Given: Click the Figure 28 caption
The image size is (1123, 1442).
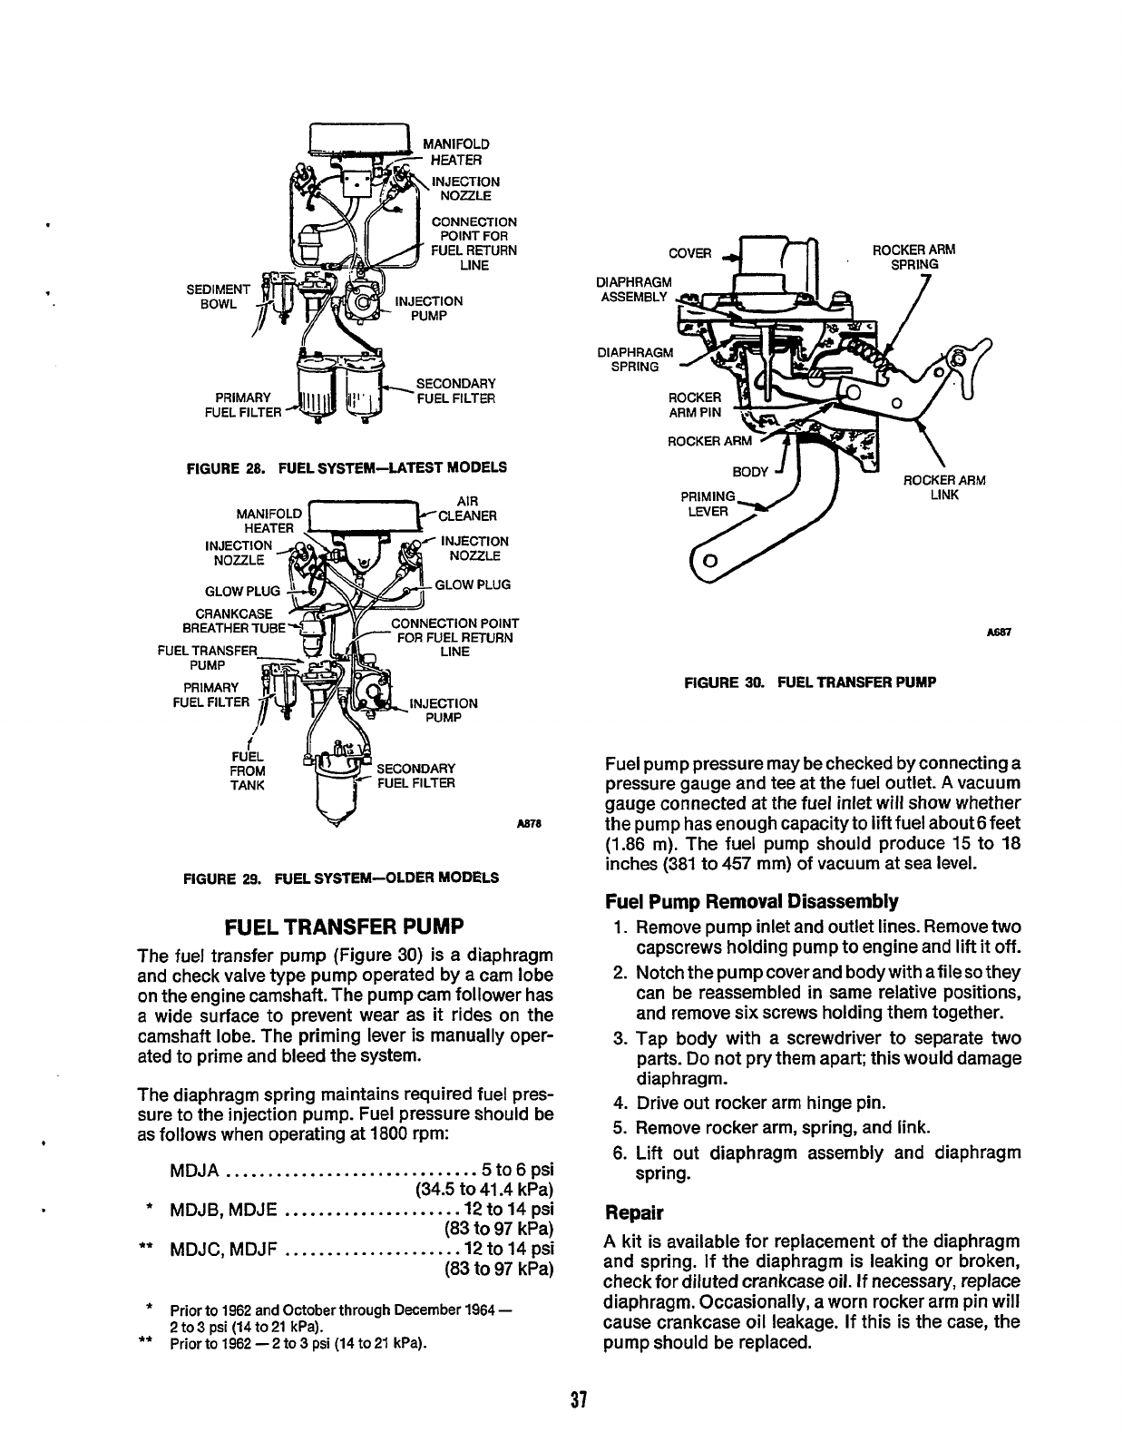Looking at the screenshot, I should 346,467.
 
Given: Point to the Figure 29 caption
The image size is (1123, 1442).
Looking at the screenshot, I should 341,878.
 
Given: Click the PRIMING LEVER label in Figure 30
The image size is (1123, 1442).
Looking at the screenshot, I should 708,504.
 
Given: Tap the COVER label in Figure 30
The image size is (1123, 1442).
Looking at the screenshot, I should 689,253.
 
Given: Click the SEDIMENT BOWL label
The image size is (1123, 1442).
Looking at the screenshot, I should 211,297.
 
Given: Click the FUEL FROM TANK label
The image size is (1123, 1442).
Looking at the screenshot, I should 247,770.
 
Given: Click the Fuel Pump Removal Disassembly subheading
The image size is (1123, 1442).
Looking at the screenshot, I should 751,901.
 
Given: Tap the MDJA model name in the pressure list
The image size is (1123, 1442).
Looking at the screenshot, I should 195,1168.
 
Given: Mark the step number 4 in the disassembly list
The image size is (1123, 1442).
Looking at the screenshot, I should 620,1104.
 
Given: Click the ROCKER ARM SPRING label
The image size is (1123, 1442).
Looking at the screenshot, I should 913,257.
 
